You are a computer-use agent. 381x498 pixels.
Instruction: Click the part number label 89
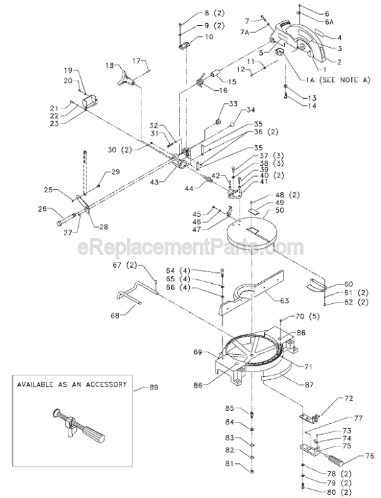[x=154, y=387]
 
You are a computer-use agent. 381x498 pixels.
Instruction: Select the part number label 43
[x=171, y=183]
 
